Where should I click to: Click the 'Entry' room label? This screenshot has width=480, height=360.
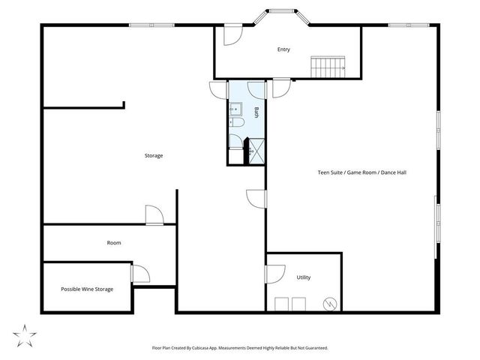click(283, 50)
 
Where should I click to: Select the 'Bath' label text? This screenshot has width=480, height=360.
click(256, 112)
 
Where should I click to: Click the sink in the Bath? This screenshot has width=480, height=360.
click(234, 109)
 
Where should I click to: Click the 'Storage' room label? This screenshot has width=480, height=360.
click(154, 156)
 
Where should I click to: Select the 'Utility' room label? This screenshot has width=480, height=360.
click(303, 277)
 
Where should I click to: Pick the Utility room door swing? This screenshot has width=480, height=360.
click(274, 275)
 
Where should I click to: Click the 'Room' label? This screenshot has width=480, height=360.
click(114, 243)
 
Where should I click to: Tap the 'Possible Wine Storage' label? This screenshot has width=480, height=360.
click(87, 289)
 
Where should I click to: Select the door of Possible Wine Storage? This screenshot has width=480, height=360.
click(140, 273)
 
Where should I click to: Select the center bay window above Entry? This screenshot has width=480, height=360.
click(283, 11)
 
